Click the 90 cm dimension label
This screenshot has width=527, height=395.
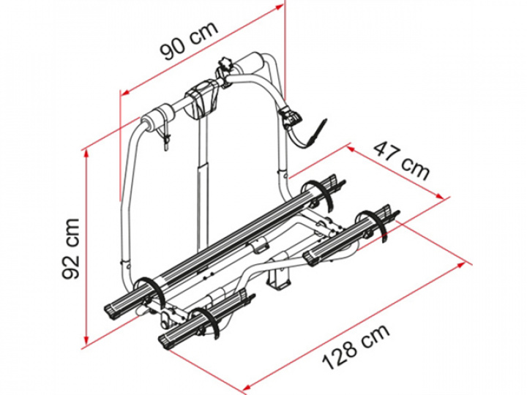[x=189, y=41]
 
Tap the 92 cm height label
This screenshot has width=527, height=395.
[x=71, y=249]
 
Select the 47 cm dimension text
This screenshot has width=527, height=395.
[x=402, y=161]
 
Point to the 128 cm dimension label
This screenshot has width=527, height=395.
[x=356, y=346]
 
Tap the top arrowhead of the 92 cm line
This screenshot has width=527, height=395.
[x=86, y=154]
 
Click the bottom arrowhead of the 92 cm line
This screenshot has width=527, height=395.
[x=86, y=341]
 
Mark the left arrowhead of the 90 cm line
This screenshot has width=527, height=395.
[x=125, y=93]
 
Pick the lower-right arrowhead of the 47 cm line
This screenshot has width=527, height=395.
[x=441, y=196]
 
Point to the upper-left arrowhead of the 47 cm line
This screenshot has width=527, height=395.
[x=352, y=148]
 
